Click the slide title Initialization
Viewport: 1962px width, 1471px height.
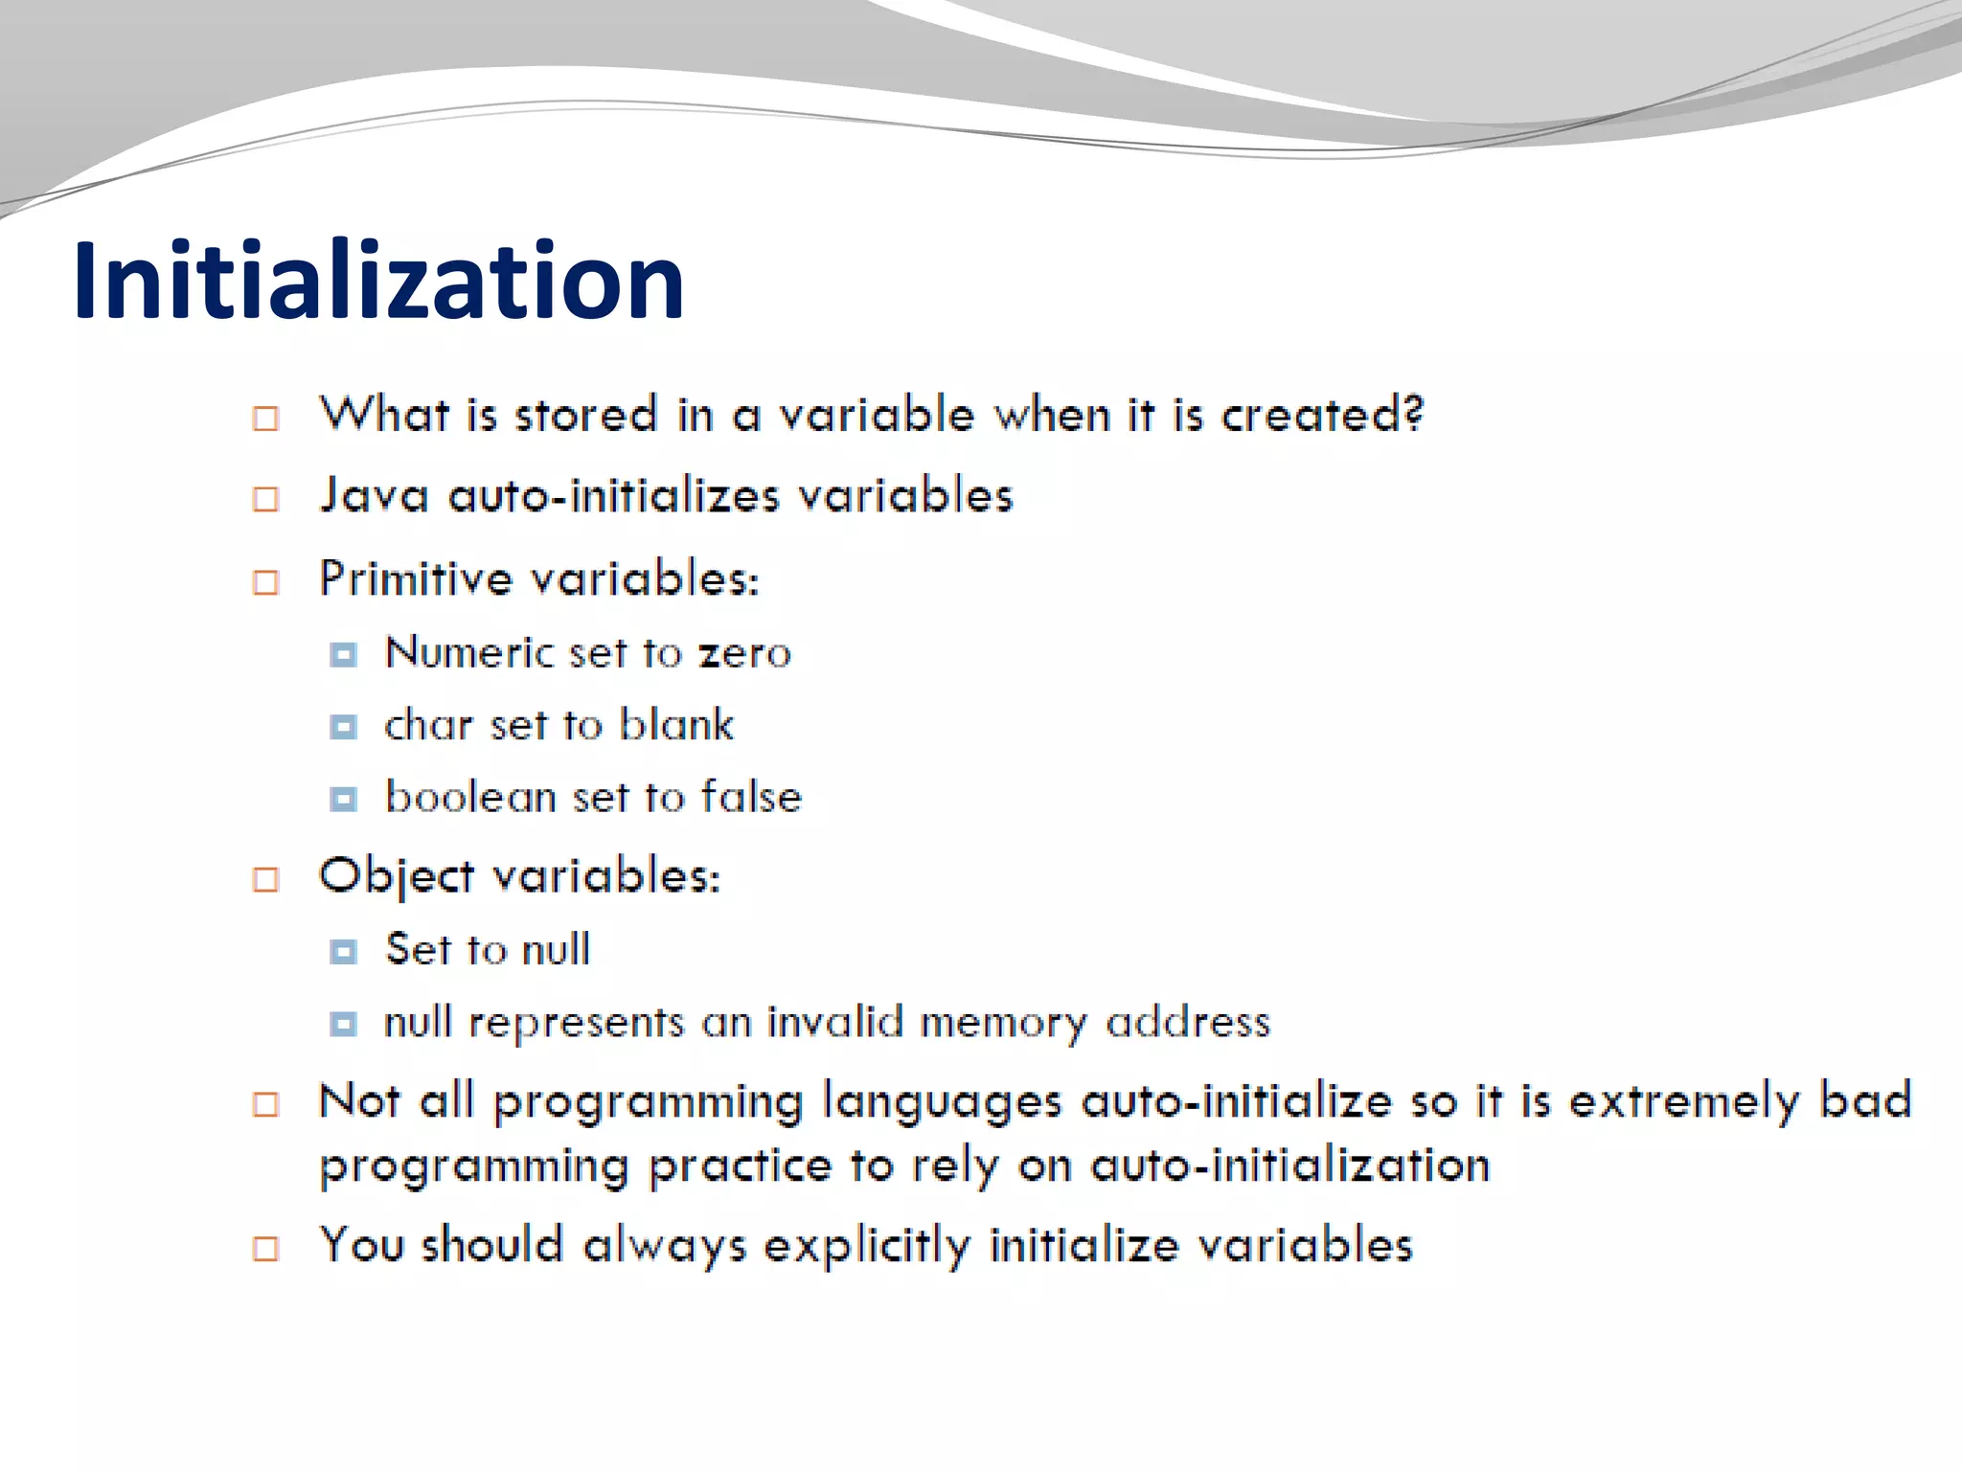[x=378, y=280]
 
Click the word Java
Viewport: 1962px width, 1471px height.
[x=374, y=496]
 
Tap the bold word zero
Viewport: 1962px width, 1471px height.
[x=744, y=654]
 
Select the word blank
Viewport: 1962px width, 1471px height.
[x=676, y=725]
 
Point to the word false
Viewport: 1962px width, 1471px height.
[x=751, y=797]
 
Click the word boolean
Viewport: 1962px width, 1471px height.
[x=470, y=797]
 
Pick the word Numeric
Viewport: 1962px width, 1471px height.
[x=469, y=653]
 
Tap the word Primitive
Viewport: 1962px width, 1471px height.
[x=416, y=579]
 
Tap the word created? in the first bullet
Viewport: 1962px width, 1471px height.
[x=1322, y=416]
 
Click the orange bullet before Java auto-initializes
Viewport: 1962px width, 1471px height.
[x=265, y=499]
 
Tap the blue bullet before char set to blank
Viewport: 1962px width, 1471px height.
[x=343, y=727]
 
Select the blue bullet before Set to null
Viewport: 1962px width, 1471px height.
[x=343, y=951]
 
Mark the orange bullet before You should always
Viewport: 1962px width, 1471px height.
[x=265, y=1249]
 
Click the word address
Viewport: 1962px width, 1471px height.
[x=1188, y=1022]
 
